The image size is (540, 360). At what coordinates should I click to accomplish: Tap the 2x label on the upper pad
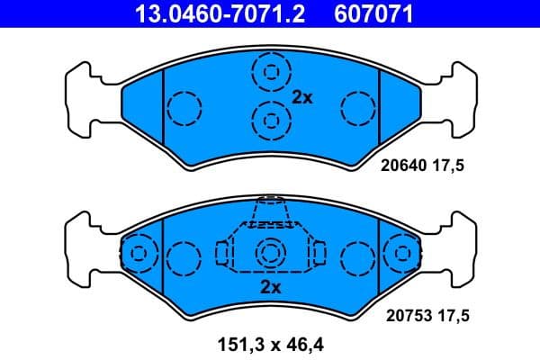[301, 98]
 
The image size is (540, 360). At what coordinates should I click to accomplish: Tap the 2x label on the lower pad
[270, 287]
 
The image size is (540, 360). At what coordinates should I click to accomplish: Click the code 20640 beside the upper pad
[403, 166]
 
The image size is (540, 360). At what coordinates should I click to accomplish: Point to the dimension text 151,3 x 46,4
[270, 342]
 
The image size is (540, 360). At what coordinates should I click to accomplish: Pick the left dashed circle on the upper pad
[184, 109]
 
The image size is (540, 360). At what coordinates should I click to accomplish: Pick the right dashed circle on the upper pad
[357, 109]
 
